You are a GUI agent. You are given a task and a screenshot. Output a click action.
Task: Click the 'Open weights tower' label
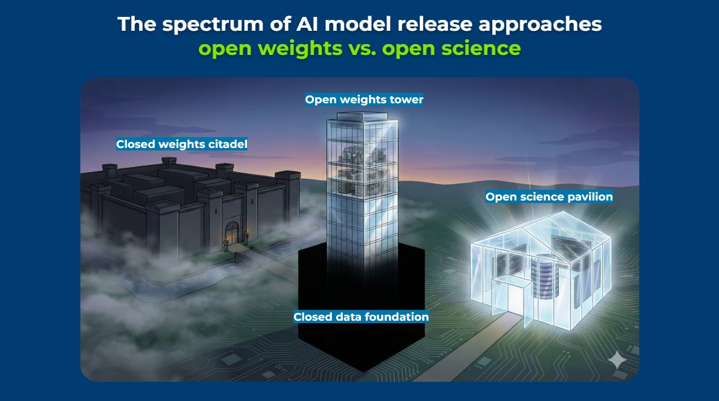(x=364, y=100)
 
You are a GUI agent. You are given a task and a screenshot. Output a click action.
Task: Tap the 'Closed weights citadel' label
(x=181, y=144)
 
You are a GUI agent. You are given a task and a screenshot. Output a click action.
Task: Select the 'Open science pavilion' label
(x=549, y=197)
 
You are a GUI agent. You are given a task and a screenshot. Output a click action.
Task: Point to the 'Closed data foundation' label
(x=361, y=316)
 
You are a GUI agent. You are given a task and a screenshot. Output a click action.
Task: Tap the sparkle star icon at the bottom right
(x=617, y=361)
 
